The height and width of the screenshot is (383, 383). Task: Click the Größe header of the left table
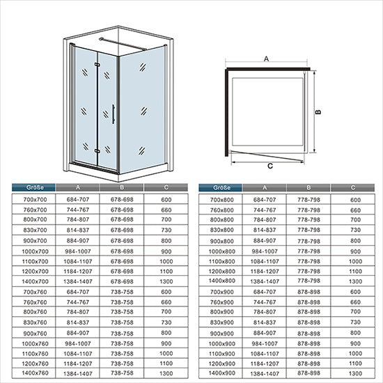coord(35,187)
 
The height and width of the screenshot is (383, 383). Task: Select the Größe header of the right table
coord(221,187)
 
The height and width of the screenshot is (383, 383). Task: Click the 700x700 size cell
coord(35,199)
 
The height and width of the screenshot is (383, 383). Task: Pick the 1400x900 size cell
coord(221,373)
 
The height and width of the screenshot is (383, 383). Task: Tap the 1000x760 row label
coord(35,343)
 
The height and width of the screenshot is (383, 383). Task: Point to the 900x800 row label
coord(221,241)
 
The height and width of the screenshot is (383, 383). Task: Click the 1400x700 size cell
coord(35,281)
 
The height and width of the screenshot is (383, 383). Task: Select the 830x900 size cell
coord(221,322)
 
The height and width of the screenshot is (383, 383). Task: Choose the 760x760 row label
coord(35,302)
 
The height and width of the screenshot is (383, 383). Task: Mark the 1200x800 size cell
coord(221,271)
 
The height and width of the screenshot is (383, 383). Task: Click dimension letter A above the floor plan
coord(266,59)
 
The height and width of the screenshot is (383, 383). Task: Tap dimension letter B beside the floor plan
coord(318,112)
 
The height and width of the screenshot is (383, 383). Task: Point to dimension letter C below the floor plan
coord(270,166)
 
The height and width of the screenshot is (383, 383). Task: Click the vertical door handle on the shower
coord(113,114)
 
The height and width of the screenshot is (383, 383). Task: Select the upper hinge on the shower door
coord(97,65)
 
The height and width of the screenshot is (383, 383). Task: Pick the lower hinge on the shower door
coord(97,151)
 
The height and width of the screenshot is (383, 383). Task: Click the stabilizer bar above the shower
coord(123,44)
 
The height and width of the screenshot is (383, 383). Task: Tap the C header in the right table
coord(353,187)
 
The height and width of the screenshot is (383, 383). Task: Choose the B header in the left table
coord(122,187)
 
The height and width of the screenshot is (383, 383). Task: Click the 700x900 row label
coord(221,292)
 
